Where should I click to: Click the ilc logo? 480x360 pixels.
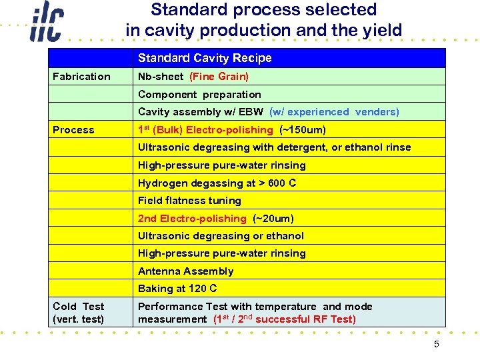tap(45, 25)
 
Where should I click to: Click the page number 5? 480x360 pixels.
tap(437, 345)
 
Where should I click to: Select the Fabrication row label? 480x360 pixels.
tap(81, 77)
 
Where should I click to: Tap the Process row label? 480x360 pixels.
tap(73, 130)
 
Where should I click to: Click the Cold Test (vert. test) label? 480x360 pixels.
tap(79, 313)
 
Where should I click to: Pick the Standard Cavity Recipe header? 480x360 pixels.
tap(205, 58)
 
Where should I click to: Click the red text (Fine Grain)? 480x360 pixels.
tap(219, 77)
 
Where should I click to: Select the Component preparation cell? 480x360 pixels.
tap(199, 95)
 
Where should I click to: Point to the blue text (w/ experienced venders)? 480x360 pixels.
tap(334, 112)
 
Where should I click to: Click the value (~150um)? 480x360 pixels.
tap(303, 130)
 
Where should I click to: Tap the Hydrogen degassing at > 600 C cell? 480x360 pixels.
tap(217, 183)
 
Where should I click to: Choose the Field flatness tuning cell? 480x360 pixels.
tap(189, 201)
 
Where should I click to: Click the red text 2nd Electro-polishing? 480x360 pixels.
tap(192, 219)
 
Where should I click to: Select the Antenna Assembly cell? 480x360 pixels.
tap(186, 271)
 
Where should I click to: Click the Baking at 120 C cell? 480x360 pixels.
tap(177, 289)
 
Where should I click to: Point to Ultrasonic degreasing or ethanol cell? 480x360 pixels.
tap(221, 236)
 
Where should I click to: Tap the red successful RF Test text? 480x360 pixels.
tap(306, 319)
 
